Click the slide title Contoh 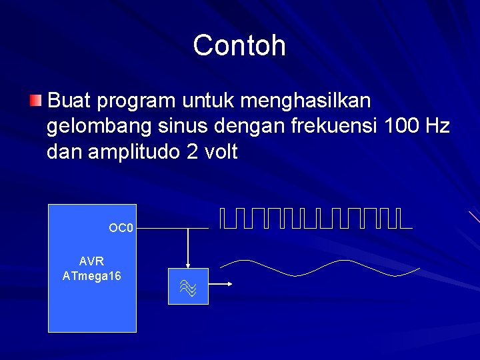coord(239,46)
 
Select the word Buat coord(70,101)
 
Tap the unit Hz coord(437,127)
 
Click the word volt coord(219,152)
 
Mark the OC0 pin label coord(121,229)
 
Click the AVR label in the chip coord(91,261)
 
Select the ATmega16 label coord(91,275)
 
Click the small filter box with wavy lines coord(188,286)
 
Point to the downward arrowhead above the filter coord(188,263)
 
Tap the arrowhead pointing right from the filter coord(228,285)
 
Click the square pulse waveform coord(313,218)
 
